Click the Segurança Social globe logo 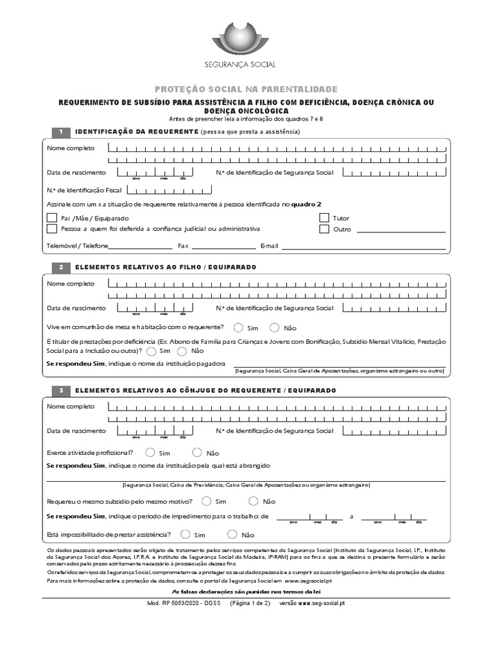coord(246,37)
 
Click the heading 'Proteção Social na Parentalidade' coord(246,89)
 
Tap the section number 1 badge coord(60,132)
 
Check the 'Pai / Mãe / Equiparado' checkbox coord(52,218)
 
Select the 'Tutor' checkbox coord(324,218)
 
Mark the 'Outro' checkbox coord(324,229)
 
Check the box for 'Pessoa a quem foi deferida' coord(52,229)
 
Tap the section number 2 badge coord(60,266)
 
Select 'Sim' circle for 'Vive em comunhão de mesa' coord(239,327)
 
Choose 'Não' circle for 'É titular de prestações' coord(182,351)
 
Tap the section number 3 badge coord(60,390)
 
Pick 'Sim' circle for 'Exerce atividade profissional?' coord(151,452)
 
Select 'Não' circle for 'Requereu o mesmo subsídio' coord(254,501)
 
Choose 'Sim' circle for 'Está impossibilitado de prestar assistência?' coord(186,534)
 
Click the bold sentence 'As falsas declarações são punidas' coord(247,591)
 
